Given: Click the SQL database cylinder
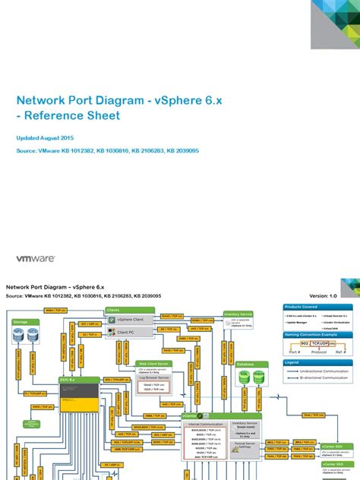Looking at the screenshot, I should [245, 375].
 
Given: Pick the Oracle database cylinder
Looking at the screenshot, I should [258, 375].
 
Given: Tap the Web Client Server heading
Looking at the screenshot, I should [154, 364].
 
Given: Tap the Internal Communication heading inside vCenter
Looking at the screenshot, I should [203, 424].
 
